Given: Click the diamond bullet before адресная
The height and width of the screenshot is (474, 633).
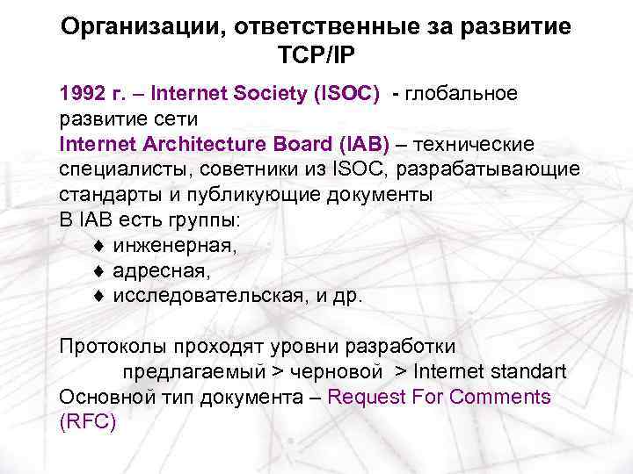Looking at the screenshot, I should (x=99, y=272).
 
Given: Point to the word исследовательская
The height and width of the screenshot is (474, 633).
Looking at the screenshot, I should (x=207, y=296).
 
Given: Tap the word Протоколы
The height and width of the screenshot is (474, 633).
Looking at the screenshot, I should (x=113, y=346).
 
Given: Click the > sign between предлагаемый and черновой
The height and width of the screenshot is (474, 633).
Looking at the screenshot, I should (x=276, y=371).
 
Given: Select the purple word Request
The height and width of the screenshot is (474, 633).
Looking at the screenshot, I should (x=365, y=397).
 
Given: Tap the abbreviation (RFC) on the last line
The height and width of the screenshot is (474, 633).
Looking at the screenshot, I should (x=87, y=421).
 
